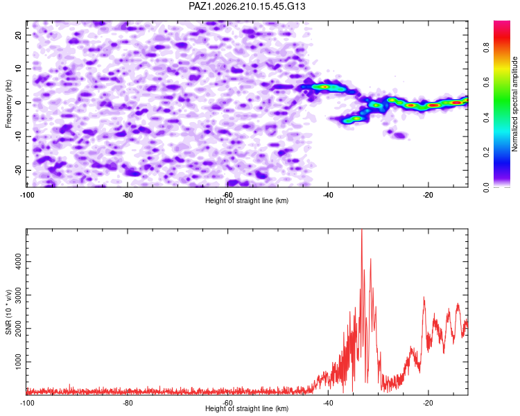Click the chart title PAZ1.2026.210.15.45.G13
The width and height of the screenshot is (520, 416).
[x=247, y=6]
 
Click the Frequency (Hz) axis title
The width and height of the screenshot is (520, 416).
[x=8, y=104]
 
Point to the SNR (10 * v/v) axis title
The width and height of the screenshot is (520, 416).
[x=8, y=312]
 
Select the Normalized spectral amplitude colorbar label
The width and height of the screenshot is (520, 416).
[x=514, y=104]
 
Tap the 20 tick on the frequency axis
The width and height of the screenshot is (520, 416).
[x=18, y=35]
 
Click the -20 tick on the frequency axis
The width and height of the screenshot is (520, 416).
[x=18, y=170]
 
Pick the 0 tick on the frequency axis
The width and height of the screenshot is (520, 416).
[x=18, y=103]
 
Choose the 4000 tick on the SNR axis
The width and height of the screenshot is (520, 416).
[x=18, y=262]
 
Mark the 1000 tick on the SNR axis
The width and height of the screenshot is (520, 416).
[x=18, y=362]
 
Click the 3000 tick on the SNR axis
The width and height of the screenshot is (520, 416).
[x=18, y=295]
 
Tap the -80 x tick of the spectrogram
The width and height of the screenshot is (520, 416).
[x=128, y=195]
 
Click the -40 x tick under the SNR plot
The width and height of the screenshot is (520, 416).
[x=328, y=403]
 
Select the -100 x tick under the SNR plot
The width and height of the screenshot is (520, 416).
[x=27, y=403]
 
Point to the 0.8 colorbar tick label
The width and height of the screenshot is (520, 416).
[x=486, y=48]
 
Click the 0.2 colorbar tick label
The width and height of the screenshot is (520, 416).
[x=486, y=153]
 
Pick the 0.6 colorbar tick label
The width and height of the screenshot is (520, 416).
[x=486, y=83]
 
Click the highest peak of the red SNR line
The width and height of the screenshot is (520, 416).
[x=362, y=229]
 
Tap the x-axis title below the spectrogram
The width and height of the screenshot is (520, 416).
[x=247, y=200]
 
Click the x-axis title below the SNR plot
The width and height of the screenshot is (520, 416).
[x=247, y=408]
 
